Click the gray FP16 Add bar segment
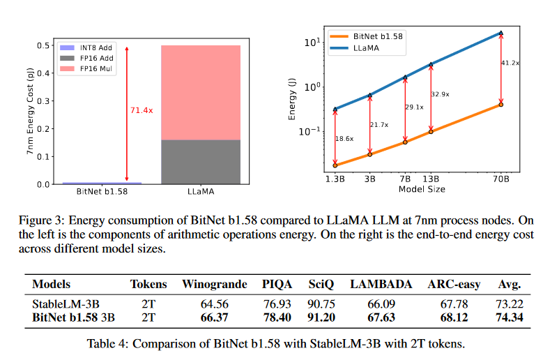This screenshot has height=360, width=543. tap(201, 162)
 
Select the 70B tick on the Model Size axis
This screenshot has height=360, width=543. tap(500, 179)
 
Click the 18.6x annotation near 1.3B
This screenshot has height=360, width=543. tap(344, 139)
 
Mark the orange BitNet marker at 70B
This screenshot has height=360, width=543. tap(500, 105)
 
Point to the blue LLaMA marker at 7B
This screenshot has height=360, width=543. tap(405, 77)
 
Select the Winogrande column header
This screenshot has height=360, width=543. tap(214, 285)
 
